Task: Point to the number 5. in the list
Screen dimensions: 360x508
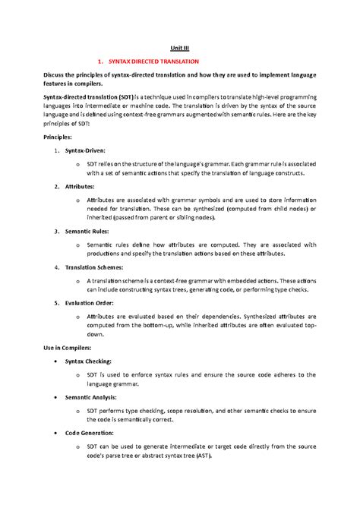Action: pyautogui.click(x=57, y=302)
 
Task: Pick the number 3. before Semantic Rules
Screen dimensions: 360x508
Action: pyautogui.click(x=57, y=230)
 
